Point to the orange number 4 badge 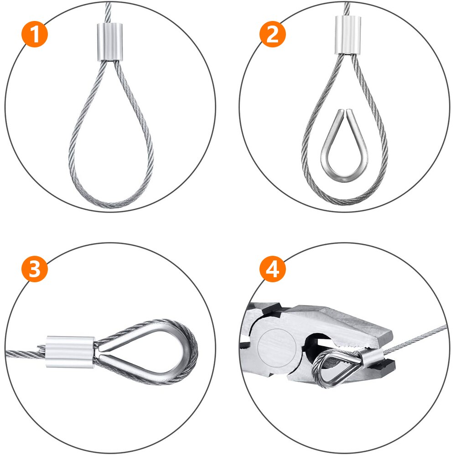tap(272, 270)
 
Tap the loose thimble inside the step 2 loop tap(345, 146)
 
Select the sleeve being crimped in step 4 tap(370, 354)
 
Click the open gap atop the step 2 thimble tap(345, 112)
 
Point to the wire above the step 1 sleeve tap(108, 11)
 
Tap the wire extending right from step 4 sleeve tap(415, 338)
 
